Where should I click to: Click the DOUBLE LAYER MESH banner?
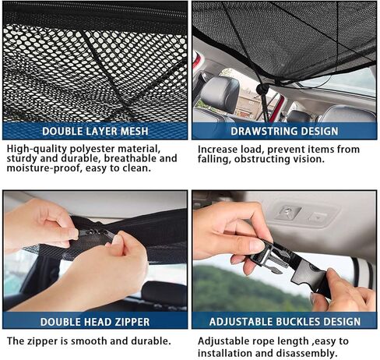point(95,131)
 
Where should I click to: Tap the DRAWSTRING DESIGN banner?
point(283,131)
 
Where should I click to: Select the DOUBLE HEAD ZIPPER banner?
point(95,320)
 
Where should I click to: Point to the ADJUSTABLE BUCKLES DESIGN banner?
point(283,320)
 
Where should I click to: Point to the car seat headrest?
point(220,94)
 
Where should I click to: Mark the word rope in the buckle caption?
point(268,341)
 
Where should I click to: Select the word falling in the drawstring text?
point(217,159)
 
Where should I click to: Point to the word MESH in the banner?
point(132,131)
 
